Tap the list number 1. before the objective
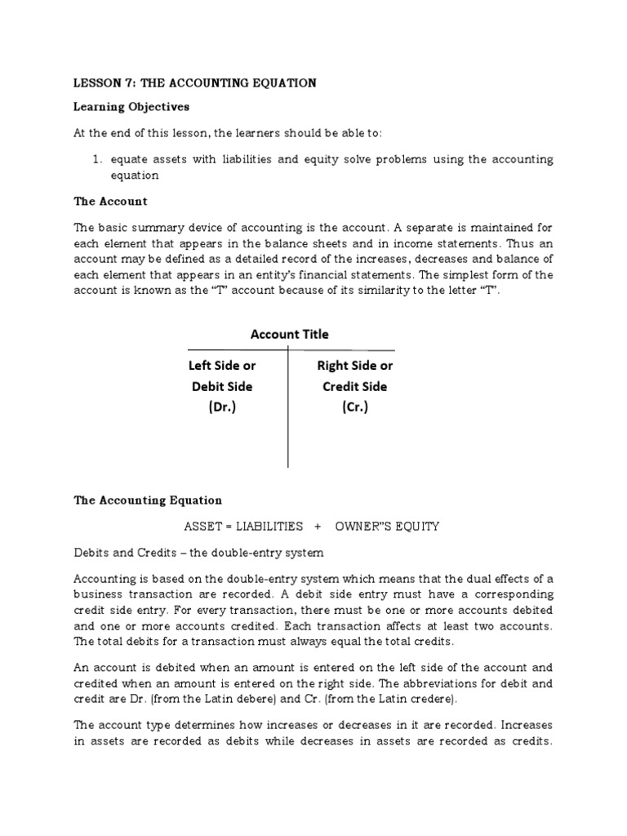click(x=97, y=160)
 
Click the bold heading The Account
click(x=110, y=201)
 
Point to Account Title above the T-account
click(x=289, y=334)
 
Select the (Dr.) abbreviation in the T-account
click(x=221, y=407)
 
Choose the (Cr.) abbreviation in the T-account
click(x=354, y=407)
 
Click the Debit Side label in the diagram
click(x=221, y=386)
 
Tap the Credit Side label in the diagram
click(x=354, y=386)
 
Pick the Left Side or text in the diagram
click(x=221, y=366)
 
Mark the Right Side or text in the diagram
click(x=354, y=366)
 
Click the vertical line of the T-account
click(x=288, y=433)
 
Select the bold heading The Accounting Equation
click(x=148, y=500)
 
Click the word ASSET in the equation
click(x=207, y=527)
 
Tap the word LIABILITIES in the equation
click(x=270, y=527)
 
